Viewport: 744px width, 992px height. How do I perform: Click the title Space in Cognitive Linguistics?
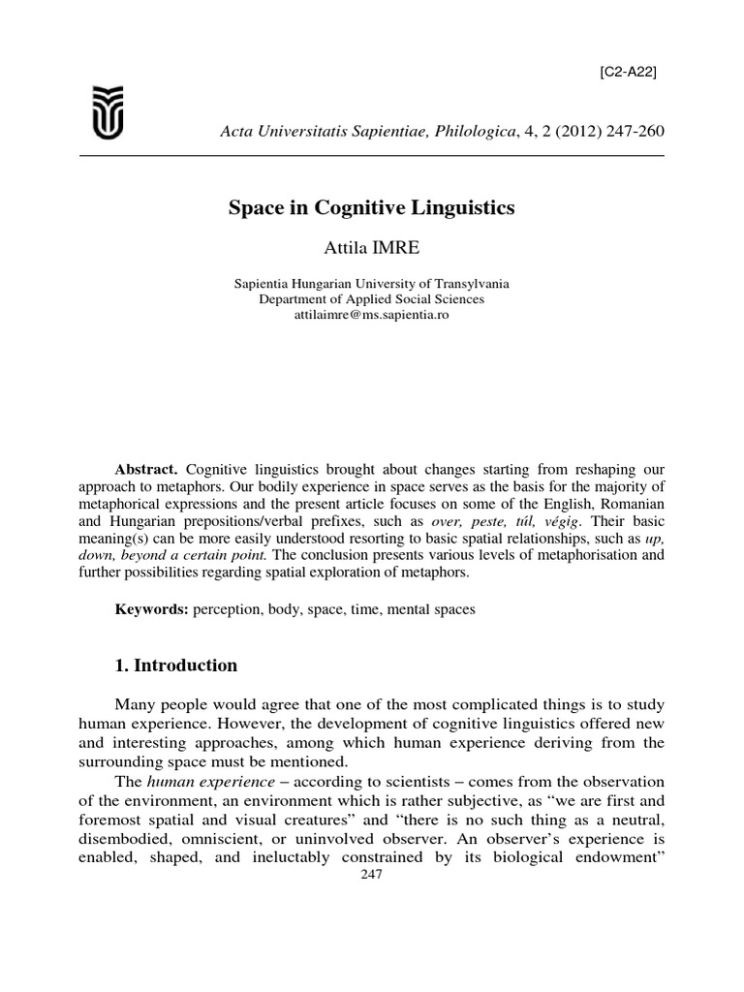click(371, 207)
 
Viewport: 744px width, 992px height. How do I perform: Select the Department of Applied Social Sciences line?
click(371, 299)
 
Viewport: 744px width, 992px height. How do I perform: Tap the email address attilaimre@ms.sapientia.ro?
click(371, 315)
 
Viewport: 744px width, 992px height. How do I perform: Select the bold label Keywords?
click(152, 611)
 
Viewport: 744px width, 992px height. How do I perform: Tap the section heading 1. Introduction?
click(175, 666)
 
